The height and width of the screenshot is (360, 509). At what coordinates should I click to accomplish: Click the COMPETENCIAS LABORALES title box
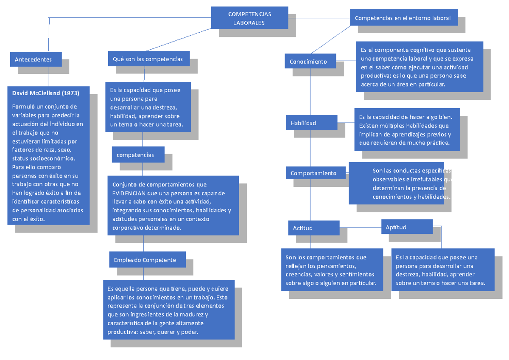click(249, 18)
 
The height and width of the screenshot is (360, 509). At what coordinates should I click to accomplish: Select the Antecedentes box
click(36, 59)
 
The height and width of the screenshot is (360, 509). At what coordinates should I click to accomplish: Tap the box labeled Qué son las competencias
click(148, 59)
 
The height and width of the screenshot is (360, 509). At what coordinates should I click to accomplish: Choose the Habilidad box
click(311, 123)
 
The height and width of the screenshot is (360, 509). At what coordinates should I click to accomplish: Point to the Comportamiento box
click(315, 173)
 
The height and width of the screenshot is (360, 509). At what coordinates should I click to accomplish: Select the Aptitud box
click(406, 227)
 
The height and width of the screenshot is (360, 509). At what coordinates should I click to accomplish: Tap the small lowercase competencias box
click(138, 155)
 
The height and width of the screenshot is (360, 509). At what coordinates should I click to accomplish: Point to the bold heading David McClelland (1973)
click(45, 93)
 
